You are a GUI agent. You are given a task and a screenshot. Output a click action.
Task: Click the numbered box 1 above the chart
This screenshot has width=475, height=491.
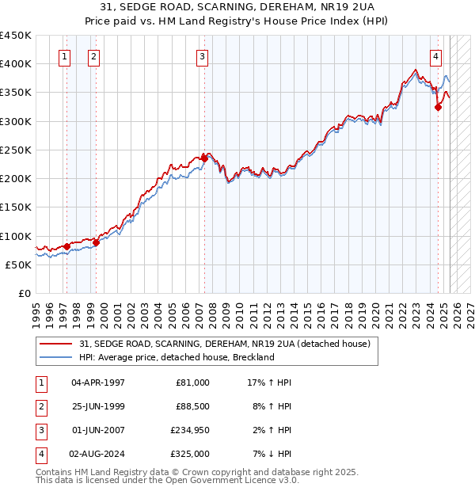click(64, 55)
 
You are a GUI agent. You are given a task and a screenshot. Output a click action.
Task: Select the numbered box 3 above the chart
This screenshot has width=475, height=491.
click(203, 55)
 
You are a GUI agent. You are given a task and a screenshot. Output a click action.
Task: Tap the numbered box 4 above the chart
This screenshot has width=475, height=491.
click(436, 55)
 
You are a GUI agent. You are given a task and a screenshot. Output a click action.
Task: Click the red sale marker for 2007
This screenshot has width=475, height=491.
click(204, 158)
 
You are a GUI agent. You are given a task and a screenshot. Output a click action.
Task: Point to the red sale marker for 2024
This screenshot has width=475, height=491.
click(438, 108)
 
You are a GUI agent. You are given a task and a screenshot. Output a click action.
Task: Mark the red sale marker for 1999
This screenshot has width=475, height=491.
click(96, 242)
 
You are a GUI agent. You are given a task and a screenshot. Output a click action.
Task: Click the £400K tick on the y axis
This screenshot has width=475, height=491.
click(16, 64)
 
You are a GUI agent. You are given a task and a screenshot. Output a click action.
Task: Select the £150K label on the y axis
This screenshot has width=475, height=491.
click(16, 207)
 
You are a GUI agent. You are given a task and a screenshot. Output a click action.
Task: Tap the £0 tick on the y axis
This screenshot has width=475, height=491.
click(24, 294)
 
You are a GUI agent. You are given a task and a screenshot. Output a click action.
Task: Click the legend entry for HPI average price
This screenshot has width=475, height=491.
click(176, 357)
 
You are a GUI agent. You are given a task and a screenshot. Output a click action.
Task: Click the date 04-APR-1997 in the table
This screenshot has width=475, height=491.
click(98, 383)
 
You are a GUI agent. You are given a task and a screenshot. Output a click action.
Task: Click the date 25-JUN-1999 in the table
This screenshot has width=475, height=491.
click(98, 407)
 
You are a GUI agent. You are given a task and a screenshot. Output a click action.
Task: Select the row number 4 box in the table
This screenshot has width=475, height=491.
click(40, 455)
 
